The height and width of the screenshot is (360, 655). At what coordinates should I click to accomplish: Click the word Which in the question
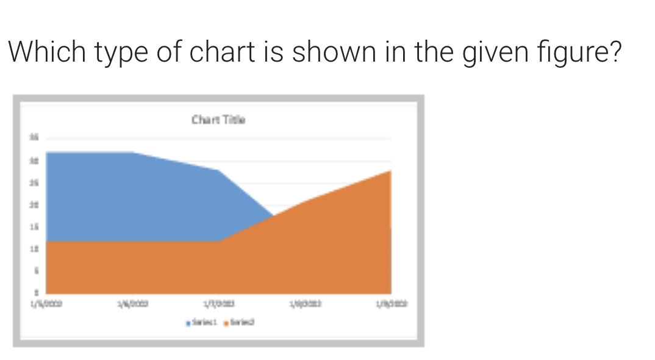click(x=46, y=52)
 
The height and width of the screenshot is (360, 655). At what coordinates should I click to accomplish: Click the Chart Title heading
click(x=218, y=120)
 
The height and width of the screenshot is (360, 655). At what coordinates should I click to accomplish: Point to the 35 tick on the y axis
click(x=35, y=139)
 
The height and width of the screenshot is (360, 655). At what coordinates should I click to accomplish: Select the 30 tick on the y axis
click(x=35, y=160)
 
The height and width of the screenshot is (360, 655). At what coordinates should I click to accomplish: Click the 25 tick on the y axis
click(x=35, y=182)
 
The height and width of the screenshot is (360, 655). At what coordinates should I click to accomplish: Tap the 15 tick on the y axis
click(x=35, y=226)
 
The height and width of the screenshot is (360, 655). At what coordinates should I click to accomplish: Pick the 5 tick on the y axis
click(x=35, y=270)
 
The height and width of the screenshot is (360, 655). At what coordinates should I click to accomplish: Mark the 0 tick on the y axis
click(x=35, y=292)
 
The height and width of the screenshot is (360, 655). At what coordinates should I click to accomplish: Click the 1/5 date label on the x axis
click(x=46, y=303)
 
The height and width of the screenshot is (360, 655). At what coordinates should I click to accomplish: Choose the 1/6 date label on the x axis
click(x=133, y=303)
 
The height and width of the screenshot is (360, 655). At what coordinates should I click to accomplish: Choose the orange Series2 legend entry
click(x=239, y=322)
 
